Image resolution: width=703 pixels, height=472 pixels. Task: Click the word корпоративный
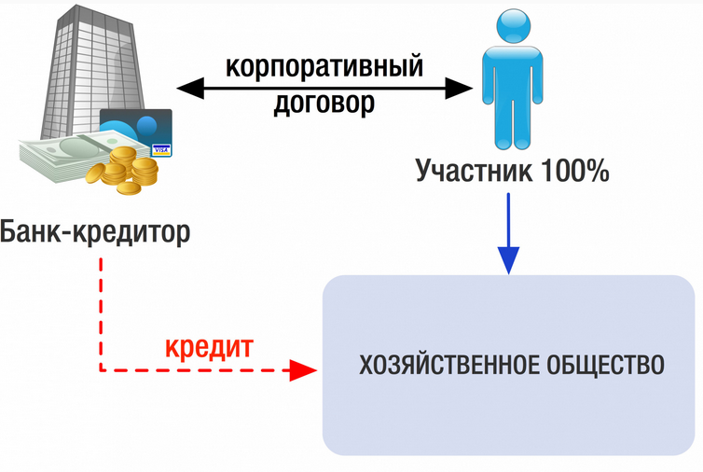pos(324,67)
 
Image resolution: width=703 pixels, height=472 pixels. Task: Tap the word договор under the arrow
pos(324,103)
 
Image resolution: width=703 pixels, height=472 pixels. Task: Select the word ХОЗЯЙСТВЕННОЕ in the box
pos(448,364)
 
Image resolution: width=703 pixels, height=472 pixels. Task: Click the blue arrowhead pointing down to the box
pos(508,258)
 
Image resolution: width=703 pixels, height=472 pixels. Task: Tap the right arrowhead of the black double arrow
pos(462,89)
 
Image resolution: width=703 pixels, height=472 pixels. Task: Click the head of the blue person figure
pos(508,23)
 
